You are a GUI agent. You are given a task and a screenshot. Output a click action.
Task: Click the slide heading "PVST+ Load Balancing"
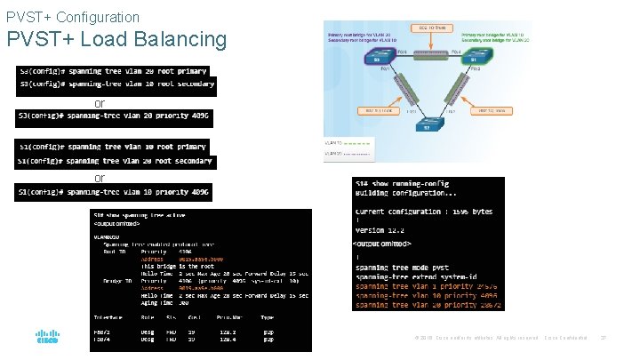point(116,40)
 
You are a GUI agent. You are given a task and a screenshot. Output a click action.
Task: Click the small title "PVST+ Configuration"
point(72,17)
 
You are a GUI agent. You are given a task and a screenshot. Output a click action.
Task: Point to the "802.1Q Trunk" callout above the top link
point(433,28)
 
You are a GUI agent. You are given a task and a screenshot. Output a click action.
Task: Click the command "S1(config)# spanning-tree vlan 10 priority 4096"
point(113,191)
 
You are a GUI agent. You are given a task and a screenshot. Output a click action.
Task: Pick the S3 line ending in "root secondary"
point(116,84)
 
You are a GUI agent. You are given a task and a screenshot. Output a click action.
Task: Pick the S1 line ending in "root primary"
point(113,147)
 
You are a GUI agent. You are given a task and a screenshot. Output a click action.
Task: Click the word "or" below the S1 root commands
point(100,178)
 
